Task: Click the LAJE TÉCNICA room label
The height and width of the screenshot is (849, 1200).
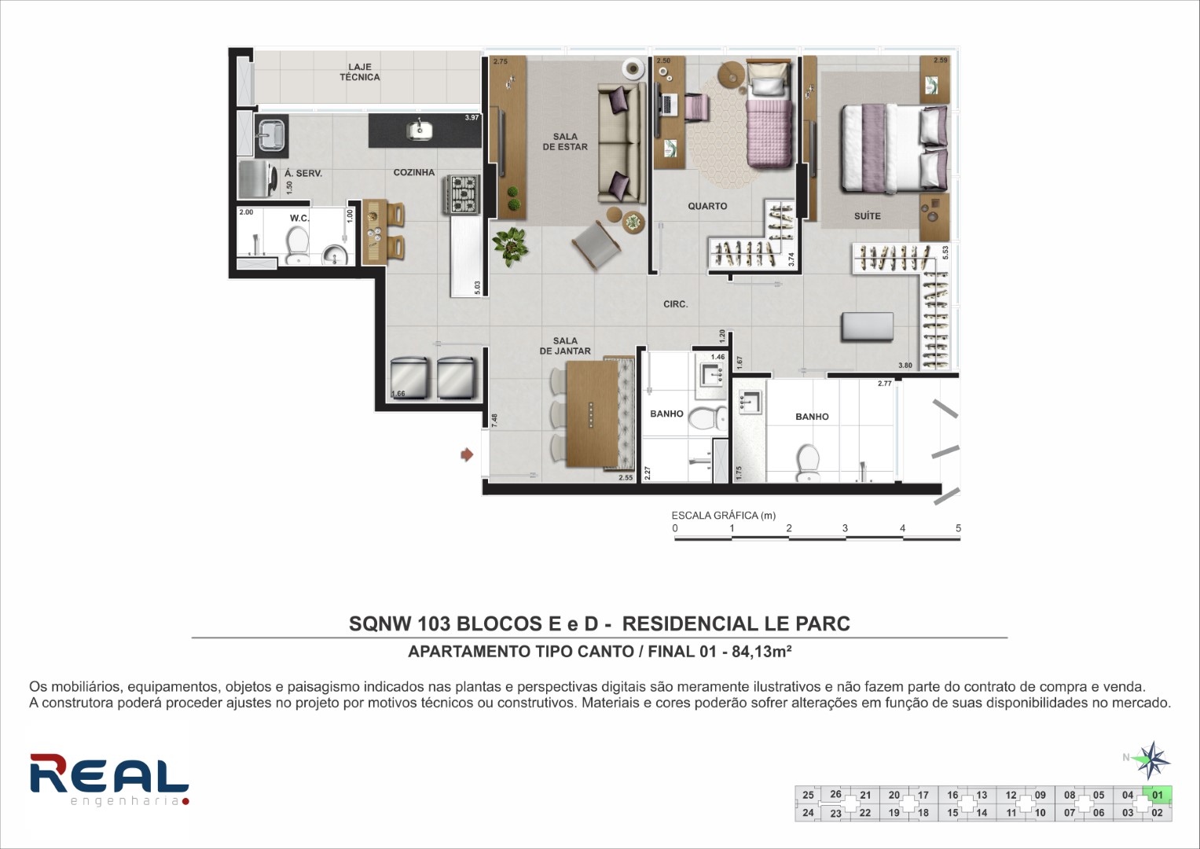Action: coord(359,72)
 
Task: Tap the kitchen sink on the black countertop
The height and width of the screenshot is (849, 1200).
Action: coord(420,130)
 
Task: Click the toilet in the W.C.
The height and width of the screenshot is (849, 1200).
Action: coord(297,245)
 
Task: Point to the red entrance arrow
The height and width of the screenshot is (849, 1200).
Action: coord(467,454)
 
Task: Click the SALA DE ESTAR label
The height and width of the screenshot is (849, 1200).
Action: coord(565,141)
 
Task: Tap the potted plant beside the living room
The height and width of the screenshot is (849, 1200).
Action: coord(511,247)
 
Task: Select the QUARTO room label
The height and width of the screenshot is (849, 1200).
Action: coord(707,206)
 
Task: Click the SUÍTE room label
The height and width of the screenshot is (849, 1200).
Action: coord(868,216)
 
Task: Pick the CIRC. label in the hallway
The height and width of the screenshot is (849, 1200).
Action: coord(676,304)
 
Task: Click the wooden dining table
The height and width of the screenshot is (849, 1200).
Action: coord(593,413)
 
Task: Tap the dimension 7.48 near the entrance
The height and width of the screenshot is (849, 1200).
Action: coord(494,421)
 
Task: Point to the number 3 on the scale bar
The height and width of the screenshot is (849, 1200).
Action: coord(845,528)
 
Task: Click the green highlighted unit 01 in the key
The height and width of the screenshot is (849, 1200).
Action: coord(1157,794)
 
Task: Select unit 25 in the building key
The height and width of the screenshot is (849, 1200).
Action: coord(808,795)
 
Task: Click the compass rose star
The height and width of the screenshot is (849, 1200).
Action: coord(1150,760)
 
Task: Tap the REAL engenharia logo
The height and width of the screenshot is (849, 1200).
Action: coord(109,779)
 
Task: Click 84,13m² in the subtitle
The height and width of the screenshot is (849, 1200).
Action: coord(761,651)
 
